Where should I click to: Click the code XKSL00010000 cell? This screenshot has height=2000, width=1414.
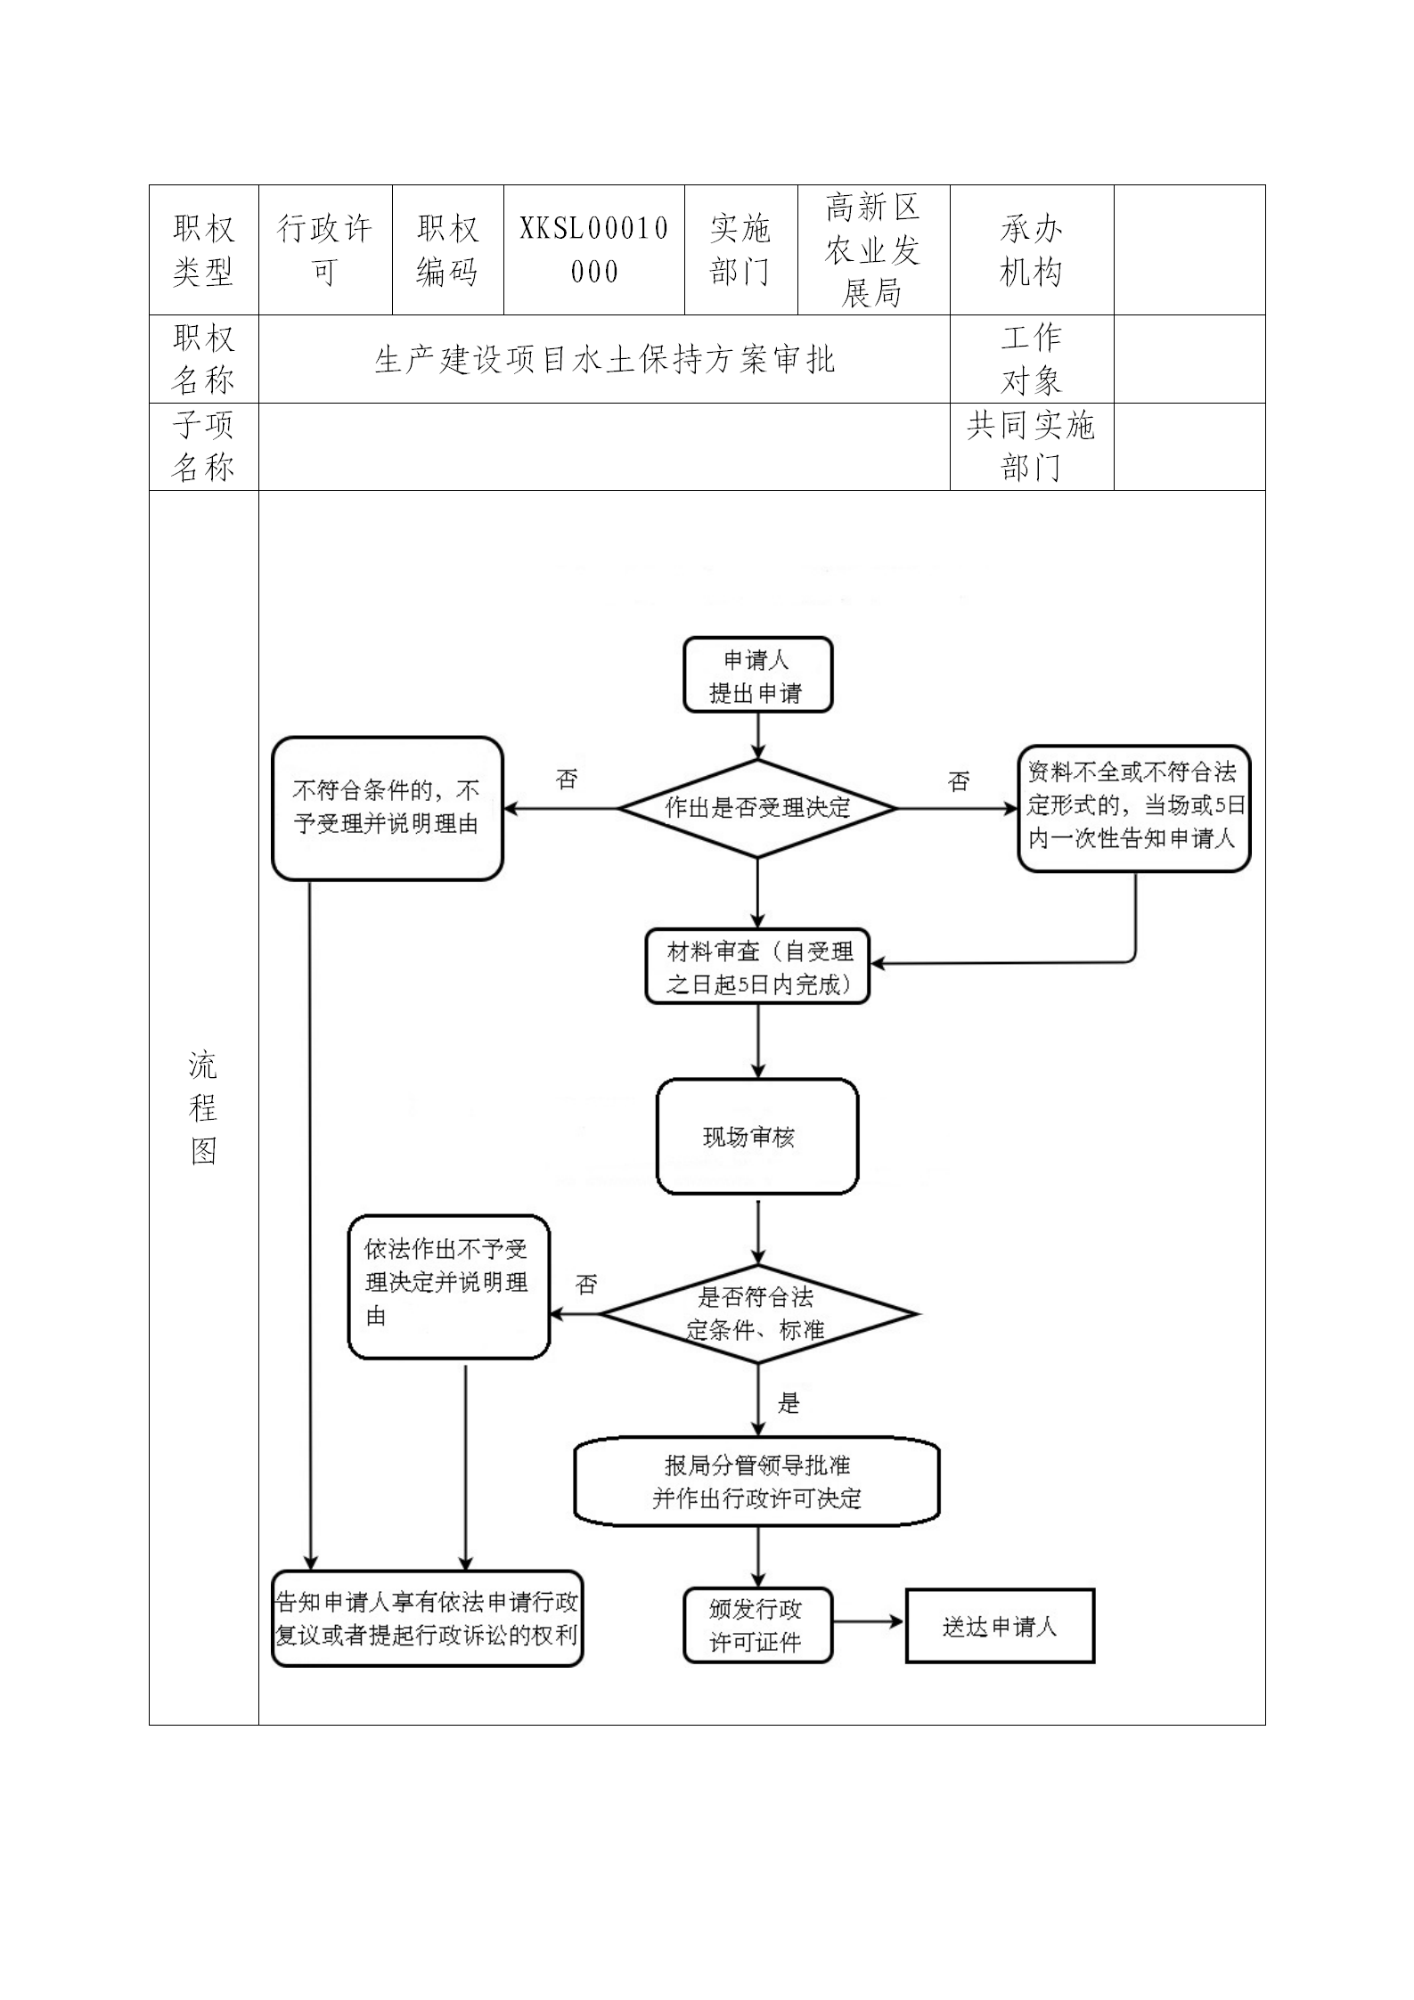coord(594,250)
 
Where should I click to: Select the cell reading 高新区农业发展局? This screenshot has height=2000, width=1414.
coord(872,250)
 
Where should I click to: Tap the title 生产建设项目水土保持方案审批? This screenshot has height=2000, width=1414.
coord(604,360)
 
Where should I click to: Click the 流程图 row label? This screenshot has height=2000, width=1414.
coord(203,1107)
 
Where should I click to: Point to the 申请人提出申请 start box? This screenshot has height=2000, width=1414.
coord(757,675)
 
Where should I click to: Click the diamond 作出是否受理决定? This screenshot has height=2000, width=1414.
coord(757,808)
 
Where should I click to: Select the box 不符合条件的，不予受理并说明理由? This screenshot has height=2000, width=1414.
coord(387,808)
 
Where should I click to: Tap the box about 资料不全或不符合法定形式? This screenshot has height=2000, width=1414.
coord(1133,808)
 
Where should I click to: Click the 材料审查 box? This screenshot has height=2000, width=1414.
coord(757,967)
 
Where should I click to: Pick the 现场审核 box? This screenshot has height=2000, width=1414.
coord(757,1137)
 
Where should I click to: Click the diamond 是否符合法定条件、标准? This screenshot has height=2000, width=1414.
coord(757,1314)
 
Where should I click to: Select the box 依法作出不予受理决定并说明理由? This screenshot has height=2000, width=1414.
coord(448,1286)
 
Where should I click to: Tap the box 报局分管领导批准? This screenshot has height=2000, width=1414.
coord(757,1482)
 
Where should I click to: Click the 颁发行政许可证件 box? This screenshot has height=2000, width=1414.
coord(757,1626)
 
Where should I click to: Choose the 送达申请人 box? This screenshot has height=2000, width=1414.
coord(1000,1627)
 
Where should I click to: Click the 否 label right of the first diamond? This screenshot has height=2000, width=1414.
coord(959,782)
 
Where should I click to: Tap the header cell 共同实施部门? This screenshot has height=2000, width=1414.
coord(1031,446)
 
